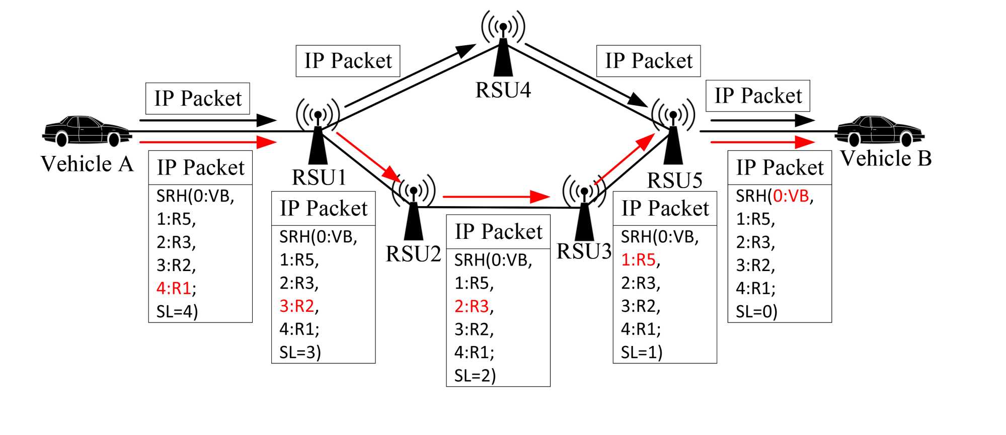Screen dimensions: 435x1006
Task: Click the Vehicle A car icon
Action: click(x=87, y=131)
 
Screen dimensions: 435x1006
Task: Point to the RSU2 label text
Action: click(x=413, y=254)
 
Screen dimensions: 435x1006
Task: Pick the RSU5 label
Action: click(x=674, y=181)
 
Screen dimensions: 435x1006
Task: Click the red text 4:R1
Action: click(x=174, y=288)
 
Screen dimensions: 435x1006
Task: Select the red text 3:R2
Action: click(x=297, y=306)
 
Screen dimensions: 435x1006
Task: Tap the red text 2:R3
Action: click(x=472, y=306)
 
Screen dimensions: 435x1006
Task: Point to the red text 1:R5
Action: click(x=638, y=259)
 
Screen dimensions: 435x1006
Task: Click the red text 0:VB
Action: click(x=791, y=196)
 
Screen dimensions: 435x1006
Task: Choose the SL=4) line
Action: click(x=177, y=312)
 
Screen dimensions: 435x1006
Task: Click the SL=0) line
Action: click(x=756, y=312)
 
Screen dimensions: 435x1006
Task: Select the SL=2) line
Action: click(x=475, y=376)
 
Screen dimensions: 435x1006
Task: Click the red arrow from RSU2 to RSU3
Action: click(x=495, y=197)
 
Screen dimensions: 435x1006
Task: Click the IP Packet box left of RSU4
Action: click(x=348, y=61)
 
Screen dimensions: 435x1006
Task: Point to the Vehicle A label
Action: click(x=87, y=164)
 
